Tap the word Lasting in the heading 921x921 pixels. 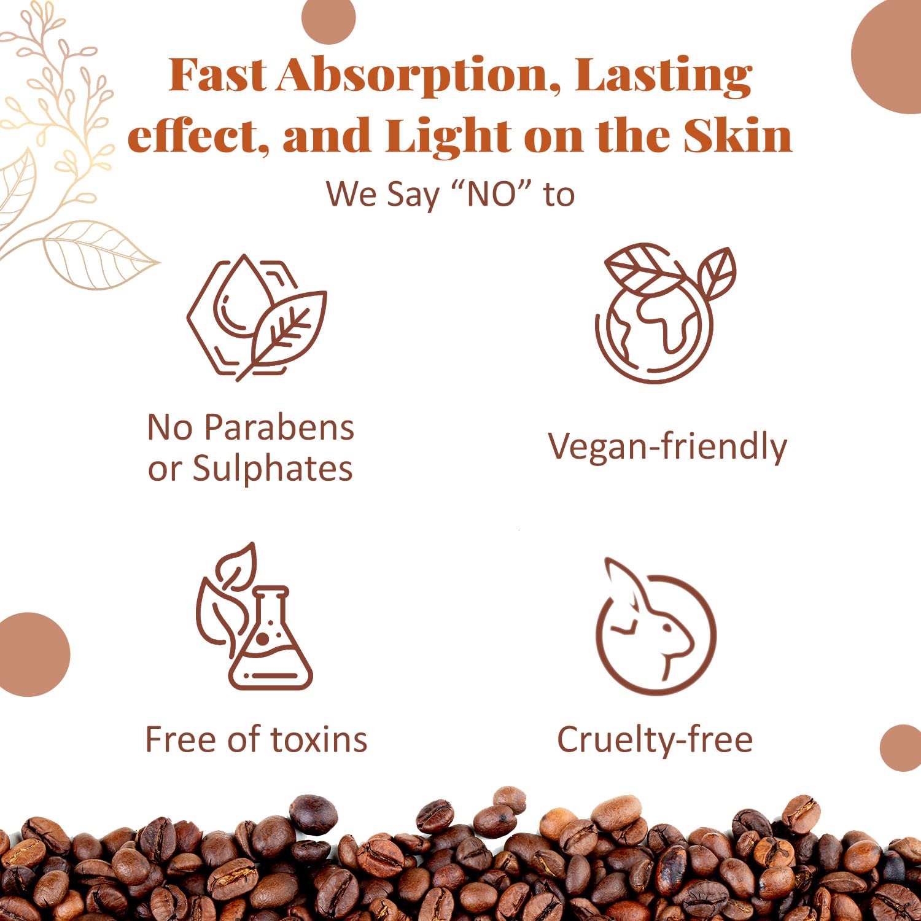pos(663,77)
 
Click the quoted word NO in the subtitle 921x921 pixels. pos(491,195)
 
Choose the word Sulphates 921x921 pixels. pos(273,470)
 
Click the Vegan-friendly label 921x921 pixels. pos(667,447)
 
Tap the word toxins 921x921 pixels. pos(319,739)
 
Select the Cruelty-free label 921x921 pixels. pos(655,740)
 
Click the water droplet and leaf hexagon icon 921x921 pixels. pos(257,317)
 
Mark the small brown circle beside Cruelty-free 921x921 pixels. pos(901,748)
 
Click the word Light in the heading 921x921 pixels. pos(448,136)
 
